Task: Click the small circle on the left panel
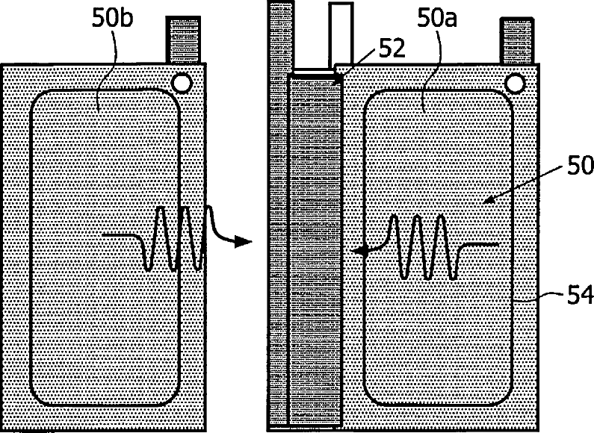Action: click(x=179, y=81)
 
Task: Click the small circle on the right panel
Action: click(x=514, y=81)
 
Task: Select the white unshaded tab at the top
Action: click(x=340, y=34)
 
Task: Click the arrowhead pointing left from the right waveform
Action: click(x=362, y=252)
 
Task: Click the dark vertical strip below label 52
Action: click(x=314, y=246)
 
